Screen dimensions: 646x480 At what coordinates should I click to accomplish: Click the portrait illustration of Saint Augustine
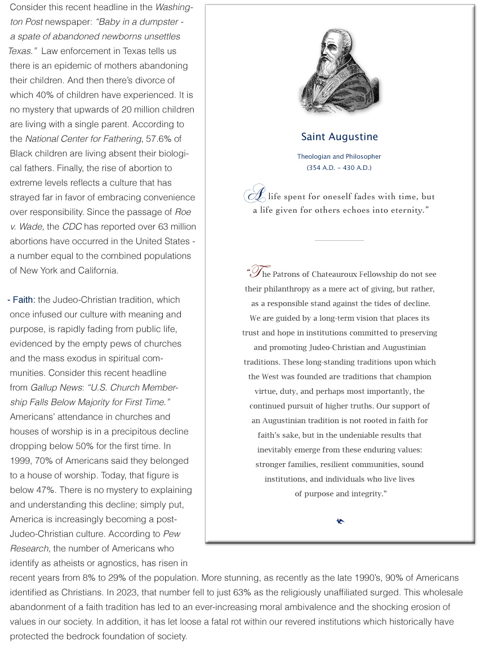point(339,71)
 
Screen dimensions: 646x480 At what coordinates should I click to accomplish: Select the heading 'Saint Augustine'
point(339,137)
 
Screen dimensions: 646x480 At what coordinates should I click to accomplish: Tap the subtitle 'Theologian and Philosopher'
point(339,156)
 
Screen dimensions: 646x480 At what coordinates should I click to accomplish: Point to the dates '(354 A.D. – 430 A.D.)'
point(339,168)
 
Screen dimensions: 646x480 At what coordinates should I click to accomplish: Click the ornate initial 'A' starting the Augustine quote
point(255,194)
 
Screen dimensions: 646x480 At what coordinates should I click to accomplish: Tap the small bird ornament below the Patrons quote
point(340,521)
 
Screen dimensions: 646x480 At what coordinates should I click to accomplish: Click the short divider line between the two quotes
point(339,241)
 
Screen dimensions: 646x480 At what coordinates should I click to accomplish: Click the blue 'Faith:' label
point(23,300)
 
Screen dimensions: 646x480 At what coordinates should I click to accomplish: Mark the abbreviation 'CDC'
point(73,227)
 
